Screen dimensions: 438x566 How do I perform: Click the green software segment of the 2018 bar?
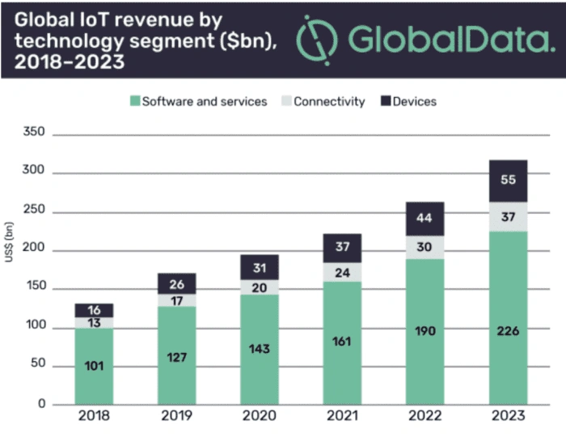coord(94,366)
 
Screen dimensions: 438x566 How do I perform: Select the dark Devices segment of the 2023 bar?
coord(508,181)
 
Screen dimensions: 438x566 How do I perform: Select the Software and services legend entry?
coord(197,102)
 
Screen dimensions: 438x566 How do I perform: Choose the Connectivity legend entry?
coord(323,102)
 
